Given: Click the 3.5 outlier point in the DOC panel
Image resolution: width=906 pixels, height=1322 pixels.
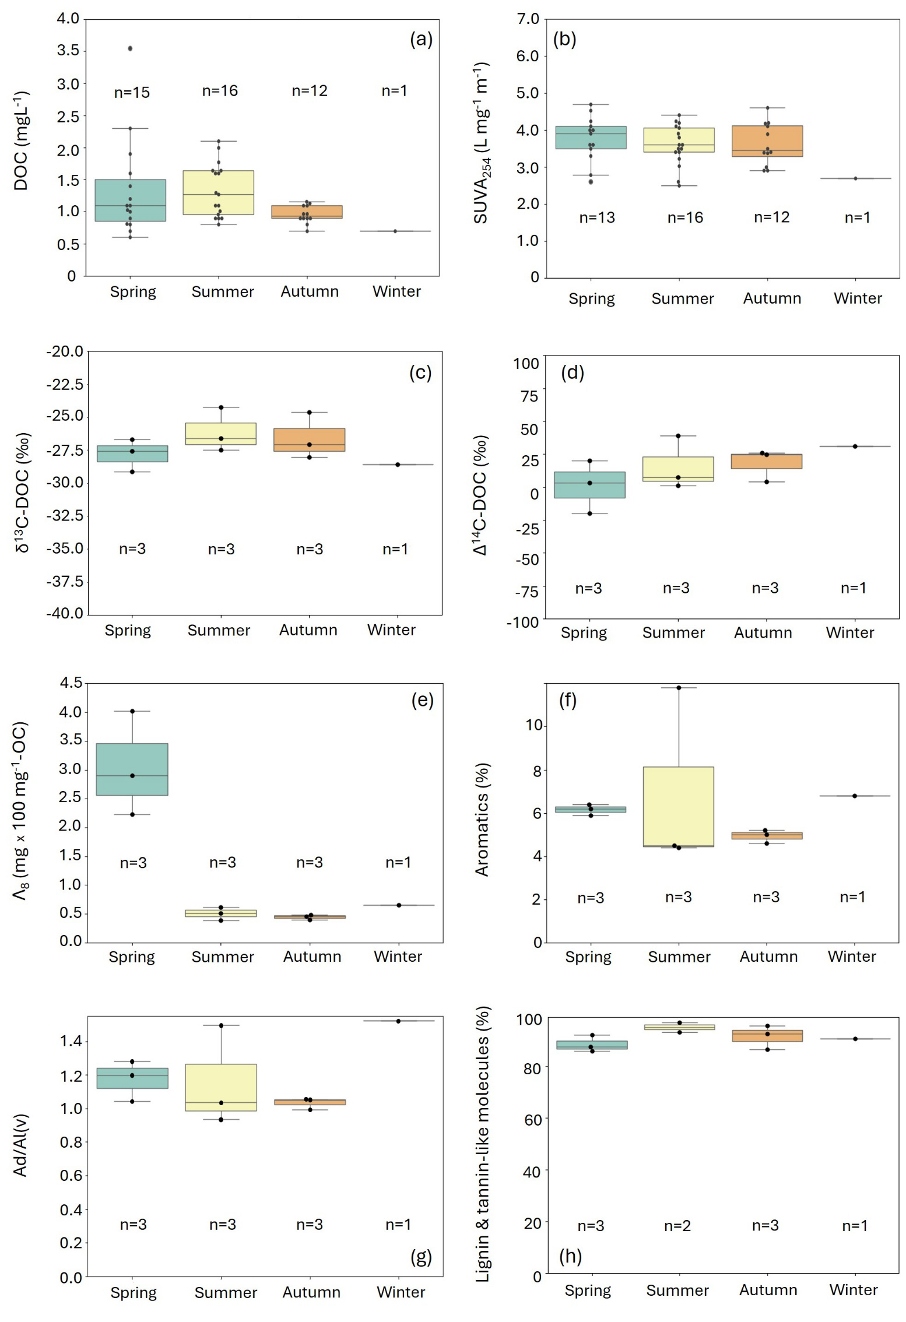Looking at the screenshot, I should (x=130, y=48).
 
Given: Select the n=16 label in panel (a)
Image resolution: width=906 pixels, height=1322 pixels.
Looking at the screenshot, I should (x=220, y=91).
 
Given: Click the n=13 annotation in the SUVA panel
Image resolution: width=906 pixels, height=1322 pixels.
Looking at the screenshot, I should (x=596, y=217).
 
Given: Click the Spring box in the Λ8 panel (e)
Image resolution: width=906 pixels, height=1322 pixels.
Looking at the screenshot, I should (x=132, y=769).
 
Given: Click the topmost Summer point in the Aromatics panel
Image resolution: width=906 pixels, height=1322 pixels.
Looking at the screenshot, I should (x=679, y=688).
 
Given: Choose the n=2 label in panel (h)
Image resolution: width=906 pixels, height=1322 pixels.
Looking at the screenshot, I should (x=677, y=1226).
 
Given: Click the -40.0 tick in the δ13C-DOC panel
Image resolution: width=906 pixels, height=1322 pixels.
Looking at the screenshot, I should (x=68, y=614).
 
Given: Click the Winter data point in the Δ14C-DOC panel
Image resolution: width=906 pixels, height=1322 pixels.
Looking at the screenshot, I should (x=855, y=446).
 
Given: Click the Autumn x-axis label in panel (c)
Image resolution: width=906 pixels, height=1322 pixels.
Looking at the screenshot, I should (x=308, y=630).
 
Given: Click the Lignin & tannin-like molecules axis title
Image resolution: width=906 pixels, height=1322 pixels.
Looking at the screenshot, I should (x=483, y=1144).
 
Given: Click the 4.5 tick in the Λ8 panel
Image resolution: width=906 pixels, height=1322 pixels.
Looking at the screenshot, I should (x=71, y=683).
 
